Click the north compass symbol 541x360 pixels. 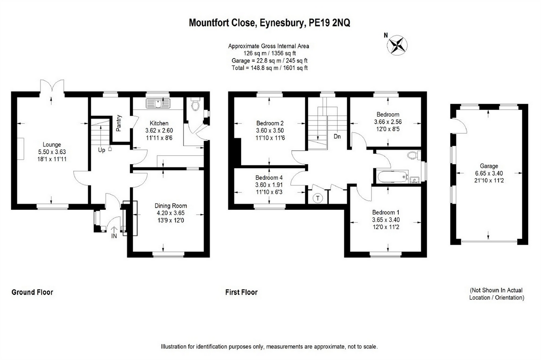coord(397,45)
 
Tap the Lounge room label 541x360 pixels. coord(52,145)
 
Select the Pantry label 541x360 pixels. coord(119,123)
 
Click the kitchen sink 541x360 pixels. coord(159,104)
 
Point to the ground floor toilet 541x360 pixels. coord(196,105)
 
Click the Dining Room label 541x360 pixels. coord(171,206)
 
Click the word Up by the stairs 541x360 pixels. coord(102,150)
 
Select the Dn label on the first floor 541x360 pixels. coord(337,137)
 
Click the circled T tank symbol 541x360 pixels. coord(318,198)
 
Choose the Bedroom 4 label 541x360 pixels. coord(269,177)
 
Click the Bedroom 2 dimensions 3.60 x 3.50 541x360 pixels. coord(270,131)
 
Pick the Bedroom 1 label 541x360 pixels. coord(386,212)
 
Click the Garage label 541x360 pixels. coord(489,166)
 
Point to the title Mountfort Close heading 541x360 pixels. coord(269,23)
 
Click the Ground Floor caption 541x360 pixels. coord(32,292)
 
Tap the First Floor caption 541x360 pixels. coord(241,292)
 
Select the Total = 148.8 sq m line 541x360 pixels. coord(269,68)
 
